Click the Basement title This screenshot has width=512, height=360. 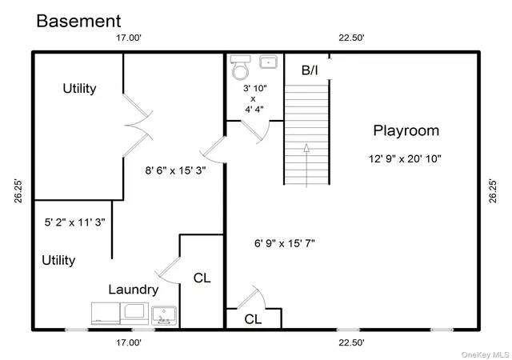coord(78,21)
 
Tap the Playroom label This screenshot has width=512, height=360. coord(406,130)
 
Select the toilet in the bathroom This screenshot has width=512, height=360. coord(240,68)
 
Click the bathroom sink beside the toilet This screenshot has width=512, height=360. coord(269,62)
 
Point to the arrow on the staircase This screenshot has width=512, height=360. coord(306,165)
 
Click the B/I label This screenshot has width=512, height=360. coord(310,70)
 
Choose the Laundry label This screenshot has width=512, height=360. coord(134,290)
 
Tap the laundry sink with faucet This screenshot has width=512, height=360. coord(164,315)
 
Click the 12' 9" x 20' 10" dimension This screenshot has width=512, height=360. coord(405,158)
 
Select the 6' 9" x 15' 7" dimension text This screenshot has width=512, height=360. coord(285,243)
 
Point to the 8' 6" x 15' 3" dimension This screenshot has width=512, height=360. coord(175,170)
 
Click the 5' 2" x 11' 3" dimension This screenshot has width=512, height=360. coord(74,222)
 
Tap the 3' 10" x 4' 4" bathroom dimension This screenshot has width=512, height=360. coord(254,98)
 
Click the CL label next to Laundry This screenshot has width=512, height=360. coord(202,278)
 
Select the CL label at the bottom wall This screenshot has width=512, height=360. coord(253,319)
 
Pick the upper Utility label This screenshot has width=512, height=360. coord(79,89)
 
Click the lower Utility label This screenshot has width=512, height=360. coord(58,260)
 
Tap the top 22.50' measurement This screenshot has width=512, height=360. coord(351,38)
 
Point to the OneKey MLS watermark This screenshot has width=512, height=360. coord(485,354)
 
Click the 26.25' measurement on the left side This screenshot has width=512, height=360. coord(18,191)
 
